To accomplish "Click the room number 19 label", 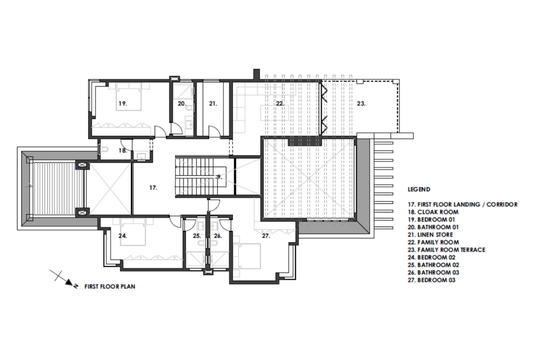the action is click(123, 104).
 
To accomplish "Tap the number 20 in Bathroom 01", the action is click(182, 104).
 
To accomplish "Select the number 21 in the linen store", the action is click(213, 104).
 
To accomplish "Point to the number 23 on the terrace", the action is click(361, 104).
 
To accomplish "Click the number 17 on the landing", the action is click(153, 188).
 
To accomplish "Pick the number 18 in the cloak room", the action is click(123, 150).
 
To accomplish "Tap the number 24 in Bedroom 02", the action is click(123, 236).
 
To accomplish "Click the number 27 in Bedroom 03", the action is click(266, 236).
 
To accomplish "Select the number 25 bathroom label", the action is click(197, 236).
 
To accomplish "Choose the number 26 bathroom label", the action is click(218, 236).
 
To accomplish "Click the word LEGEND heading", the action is click(419, 190).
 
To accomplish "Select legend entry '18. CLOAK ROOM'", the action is click(433, 212).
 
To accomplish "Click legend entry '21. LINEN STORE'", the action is click(430, 235).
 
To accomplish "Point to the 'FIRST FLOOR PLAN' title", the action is click(110, 286).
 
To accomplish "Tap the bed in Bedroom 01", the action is click(129, 97).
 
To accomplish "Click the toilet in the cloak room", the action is click(104, 150).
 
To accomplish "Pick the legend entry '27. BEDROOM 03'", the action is click(431, 280).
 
